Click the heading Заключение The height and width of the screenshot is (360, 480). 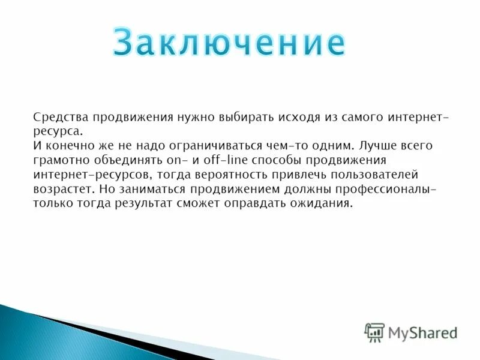[229, 42]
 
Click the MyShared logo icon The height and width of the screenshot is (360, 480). [374, 332]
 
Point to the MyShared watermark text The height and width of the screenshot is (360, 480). [422, 332]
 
